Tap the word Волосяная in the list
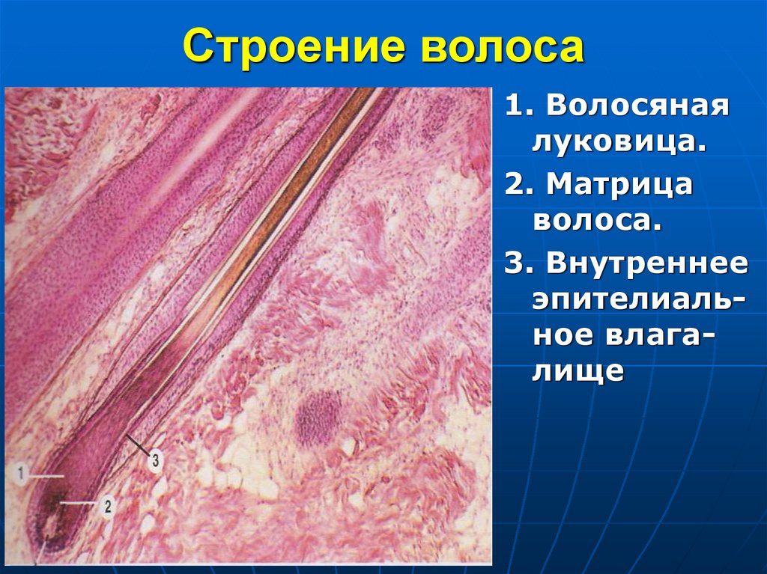tap(637, 106)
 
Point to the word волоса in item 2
tap(596, 219)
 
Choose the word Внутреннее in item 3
tap(647, 263)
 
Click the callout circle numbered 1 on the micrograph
tap(22, 473)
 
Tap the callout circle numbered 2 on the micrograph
tap(107, 506)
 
